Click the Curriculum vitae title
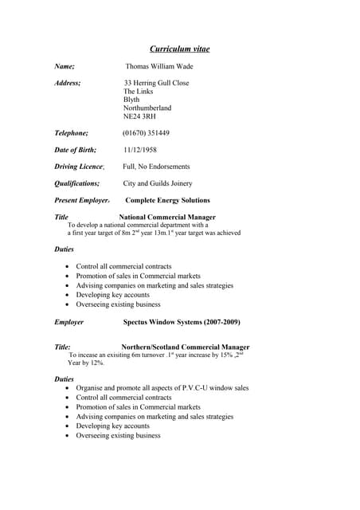click(179, 49)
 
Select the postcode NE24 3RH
click(139, 116)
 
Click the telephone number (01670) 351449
click(146, 133)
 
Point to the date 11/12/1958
click(140, 150)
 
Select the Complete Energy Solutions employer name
click(167, 200)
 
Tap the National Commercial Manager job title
click(167, 217)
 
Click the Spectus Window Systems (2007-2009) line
click(182, 322)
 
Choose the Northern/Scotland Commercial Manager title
click(185, 347)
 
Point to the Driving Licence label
click(79, 167)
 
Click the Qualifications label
click(76, 183)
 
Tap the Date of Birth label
click(75, 150)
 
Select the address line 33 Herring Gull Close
click(156, 83)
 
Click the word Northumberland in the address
click(147, 108)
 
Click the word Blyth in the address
click(131, 100)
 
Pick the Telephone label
click(71, 133)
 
